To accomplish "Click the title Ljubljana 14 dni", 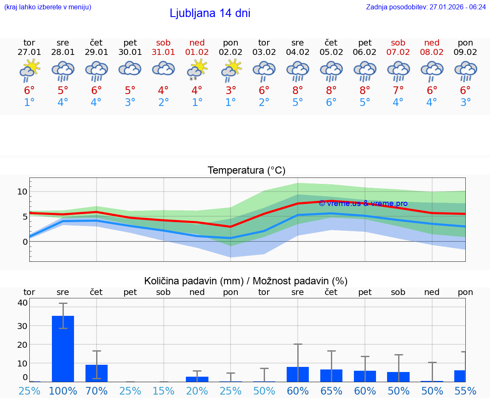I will coord(210,13).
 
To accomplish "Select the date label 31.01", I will coord(163,52).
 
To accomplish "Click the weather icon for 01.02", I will coord(197,70).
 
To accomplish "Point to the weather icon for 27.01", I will coord(29,70).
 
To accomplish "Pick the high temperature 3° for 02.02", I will coord(231,91).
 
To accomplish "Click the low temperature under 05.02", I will coord(331,103).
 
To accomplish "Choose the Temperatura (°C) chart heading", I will coord(246,171).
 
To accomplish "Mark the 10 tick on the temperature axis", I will coord(22,192).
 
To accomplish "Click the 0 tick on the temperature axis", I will coord(25,242).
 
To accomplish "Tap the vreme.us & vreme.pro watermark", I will coord(363,203).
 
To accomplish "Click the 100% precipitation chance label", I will coord(63,391).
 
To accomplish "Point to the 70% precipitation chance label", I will coord(97,391).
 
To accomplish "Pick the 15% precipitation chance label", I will coord(163,391).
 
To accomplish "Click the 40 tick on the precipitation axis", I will coord(23,303).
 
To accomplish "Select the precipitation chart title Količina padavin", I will coord(246,281).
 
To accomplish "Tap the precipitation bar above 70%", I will coord(97,373).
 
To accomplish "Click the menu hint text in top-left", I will coord(48,7).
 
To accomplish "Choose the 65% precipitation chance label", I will coord(331,391).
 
